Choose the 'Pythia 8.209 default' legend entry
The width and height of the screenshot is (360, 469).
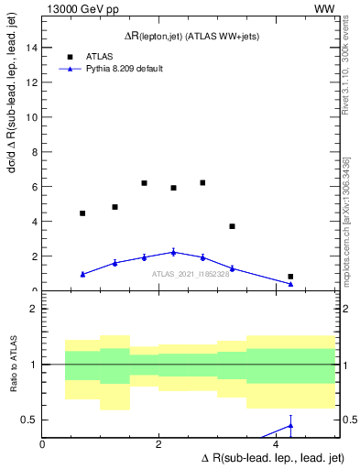124,68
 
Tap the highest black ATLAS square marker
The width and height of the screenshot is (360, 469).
202,182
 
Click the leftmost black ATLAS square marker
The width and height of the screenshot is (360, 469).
82,213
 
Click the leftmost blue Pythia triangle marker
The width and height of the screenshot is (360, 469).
82,274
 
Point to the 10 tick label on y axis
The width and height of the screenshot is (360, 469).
30,117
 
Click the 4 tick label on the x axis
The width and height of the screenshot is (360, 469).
276,445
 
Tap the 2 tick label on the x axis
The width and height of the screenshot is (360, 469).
159,445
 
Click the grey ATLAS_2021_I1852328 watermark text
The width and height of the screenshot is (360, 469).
191,273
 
